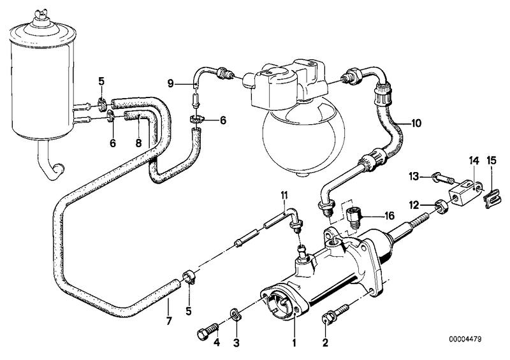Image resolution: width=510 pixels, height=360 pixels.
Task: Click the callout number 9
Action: coord(171,83)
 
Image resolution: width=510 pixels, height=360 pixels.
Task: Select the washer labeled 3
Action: coord(236,313)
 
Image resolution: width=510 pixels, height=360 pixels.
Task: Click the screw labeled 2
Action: coord(329,313)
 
